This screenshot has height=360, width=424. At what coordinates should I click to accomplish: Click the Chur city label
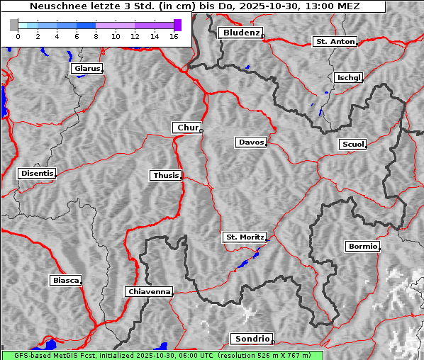[x=187, y=128]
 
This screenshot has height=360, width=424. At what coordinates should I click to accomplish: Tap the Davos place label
[x=251, y=142]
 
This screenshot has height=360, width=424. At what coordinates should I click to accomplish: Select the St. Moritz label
[x=244, y=237]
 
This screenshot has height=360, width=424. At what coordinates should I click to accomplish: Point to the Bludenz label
[x=240, y=33]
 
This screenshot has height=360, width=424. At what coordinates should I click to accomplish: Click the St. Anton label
[x=335, y=42]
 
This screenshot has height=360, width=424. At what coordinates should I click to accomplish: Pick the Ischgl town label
[x=349, y=77]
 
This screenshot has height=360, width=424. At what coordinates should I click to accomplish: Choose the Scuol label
[x=353, y=145]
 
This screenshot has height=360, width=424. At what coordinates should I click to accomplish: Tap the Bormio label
[x=363, y=247]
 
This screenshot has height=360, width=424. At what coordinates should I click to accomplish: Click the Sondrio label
[x=251, y=339]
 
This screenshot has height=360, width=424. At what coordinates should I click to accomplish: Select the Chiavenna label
[x=149, y=291]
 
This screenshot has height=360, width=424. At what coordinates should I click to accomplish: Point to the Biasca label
[x=66, y=281]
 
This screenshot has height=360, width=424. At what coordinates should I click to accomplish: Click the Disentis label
[x=36, y=174]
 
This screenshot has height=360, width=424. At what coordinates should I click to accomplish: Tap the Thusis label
[x=166, y=175]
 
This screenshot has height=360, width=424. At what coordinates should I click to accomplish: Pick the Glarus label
[x=87, y=69]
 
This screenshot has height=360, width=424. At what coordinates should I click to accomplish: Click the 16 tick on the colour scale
[x=173, y=36]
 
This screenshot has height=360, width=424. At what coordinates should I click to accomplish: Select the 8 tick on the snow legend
[x=96, y=36]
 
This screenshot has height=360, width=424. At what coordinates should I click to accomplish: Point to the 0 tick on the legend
[x=18, y=36]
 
